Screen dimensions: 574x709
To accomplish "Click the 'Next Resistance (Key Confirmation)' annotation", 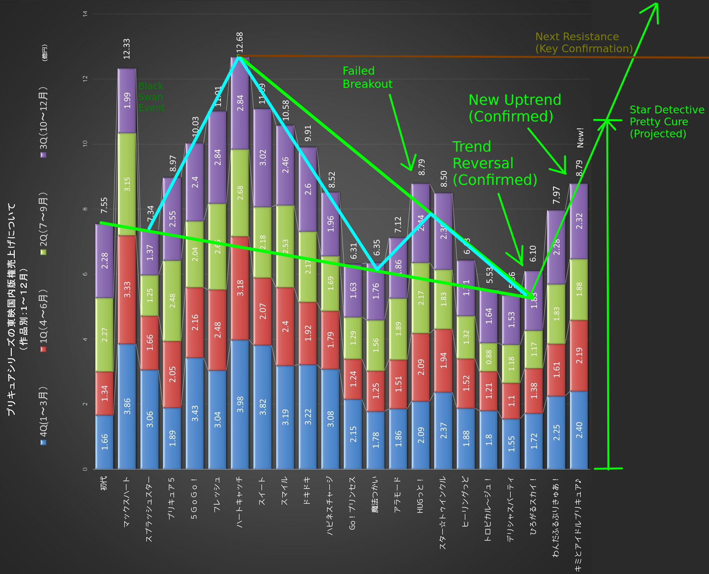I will click(x=584, y=43).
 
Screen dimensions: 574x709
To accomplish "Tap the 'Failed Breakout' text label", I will click(x=367, y=77).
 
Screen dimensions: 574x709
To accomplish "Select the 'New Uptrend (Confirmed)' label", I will click(x=514, y=108).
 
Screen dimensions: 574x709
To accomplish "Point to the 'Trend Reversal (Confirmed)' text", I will click(x=495, y=163).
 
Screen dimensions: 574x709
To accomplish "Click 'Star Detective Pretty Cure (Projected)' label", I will click(x=666, y=122).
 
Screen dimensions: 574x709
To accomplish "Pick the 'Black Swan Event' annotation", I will click(x=151, y=97).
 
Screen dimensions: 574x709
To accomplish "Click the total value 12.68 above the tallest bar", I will click(x=240, y=42).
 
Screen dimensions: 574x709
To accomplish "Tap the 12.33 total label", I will click(x=127, y=49).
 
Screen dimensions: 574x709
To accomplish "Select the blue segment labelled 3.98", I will click(x=240, y=404).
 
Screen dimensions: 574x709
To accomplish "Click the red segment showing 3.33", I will click(x=127, y=289).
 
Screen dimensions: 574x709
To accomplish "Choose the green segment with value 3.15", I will click(x=127, y=184).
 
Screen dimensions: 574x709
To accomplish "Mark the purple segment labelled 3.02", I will click(x=263, y=158).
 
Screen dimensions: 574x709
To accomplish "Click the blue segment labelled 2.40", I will click(x=579, y=430).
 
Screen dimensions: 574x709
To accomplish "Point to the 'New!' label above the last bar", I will click(x=580, y=138).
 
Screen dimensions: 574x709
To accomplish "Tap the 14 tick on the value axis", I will click(x=85, y=14).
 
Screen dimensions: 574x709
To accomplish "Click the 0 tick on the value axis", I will click(x=85, y=469).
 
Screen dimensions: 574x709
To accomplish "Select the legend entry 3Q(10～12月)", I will click(x=44, y=122).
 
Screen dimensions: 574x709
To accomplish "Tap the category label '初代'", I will click(x=104, y=483).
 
